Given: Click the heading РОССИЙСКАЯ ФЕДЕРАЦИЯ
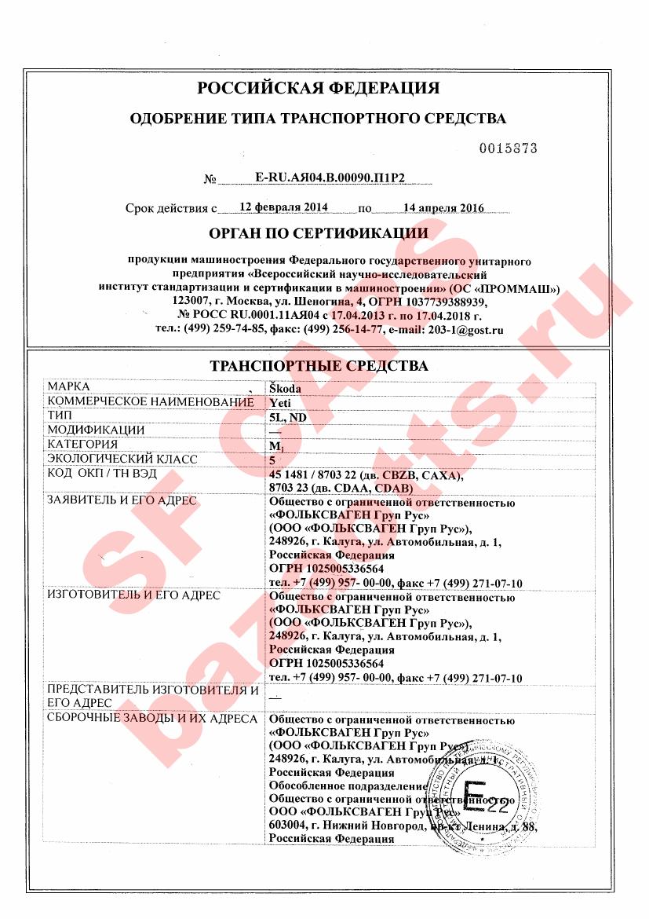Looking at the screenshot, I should pos(318,87).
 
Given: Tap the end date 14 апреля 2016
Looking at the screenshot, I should pos(443,208).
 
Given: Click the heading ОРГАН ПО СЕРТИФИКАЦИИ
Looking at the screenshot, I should pos(319,233).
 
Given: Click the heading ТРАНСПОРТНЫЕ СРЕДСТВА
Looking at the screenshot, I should pos(319,366).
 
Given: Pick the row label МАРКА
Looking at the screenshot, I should pos(69,386).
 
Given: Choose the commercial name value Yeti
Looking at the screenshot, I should pos(280,402).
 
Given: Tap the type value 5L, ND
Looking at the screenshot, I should pos(287,416).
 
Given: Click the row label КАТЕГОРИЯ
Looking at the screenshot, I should pos(84,445).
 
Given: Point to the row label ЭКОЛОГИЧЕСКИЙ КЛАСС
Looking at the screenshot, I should pos(122,459).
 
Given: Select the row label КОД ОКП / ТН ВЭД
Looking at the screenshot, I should pos(102,474).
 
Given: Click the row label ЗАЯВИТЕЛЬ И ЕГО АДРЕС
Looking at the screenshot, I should pos(122,501).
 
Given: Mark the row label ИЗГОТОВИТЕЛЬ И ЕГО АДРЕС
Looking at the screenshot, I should pos(134,595).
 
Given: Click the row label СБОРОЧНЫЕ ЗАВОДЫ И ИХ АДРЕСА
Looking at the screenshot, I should pos(152,718).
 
